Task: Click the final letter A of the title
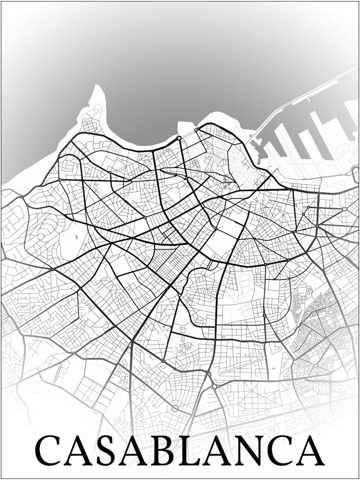tap(312, 451)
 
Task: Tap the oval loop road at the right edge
tap(356, 174)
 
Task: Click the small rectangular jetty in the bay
tap(184, 127)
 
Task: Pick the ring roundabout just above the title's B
tap(175, 408)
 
